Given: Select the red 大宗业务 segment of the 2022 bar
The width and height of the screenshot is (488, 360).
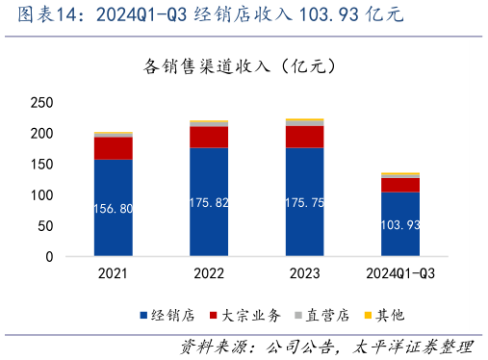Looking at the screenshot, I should pos(209,137).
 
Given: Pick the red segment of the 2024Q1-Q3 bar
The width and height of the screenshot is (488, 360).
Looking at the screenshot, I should pos(399,185).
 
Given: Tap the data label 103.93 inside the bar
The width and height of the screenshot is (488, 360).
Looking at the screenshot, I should pos(399,224).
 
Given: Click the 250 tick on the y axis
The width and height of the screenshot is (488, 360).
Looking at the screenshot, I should pos(41,103).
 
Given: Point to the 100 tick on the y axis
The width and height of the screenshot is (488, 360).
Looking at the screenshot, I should pos(41,195).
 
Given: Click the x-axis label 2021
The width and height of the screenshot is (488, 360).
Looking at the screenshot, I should pos(114,274).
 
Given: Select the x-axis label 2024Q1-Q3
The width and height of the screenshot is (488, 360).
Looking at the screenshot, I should pos(399,274).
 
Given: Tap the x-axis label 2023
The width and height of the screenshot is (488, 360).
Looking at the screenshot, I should pos(304,274).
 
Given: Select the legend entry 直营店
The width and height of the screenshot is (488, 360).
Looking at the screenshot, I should pos(322,315).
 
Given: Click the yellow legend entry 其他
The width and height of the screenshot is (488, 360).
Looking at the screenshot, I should pos(384,315).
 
